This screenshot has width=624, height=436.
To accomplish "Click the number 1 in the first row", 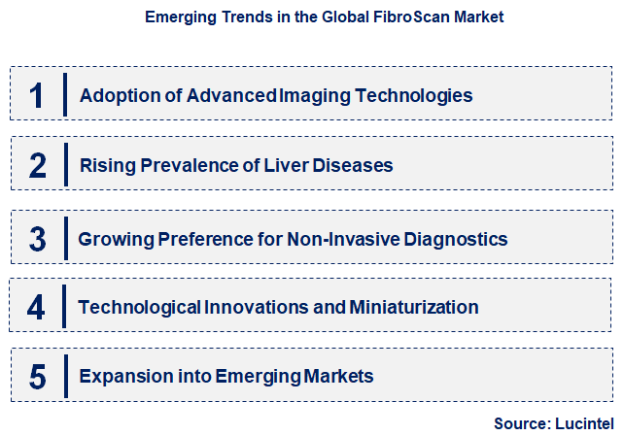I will pyautogui.click(x=37, y=95).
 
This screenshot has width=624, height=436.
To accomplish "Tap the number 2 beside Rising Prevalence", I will pyautogui.click(x=38, y=166).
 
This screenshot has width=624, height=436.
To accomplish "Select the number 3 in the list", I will pyautogui.click(x=37, y=239).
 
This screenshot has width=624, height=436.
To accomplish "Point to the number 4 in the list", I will pyautogui.click(x=37, y=308).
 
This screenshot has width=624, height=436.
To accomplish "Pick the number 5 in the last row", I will pyautogui.click(x=38, y=377).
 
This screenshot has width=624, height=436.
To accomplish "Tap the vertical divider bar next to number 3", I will pyautogui.click(x=65, y=239).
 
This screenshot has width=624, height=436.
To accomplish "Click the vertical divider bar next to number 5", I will pyautogui.click(x=65, y=377).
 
